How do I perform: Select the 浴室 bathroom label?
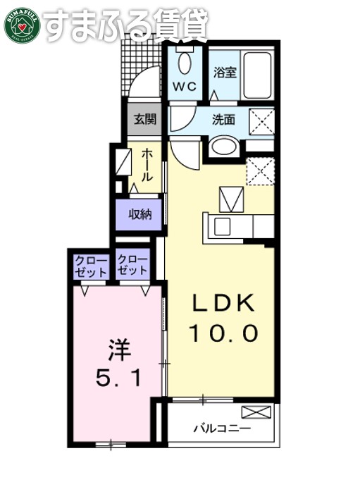coord(225,72)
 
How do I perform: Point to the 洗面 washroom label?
coord(224,119)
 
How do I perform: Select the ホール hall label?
coord(147,165)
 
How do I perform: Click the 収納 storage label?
coord(139,214)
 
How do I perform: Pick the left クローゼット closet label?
coord(92,266)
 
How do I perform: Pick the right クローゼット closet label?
coord(132,266)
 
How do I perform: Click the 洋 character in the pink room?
coord(119,349)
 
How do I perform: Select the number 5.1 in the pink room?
coord(118,379)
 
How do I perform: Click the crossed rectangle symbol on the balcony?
coord(256,412)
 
